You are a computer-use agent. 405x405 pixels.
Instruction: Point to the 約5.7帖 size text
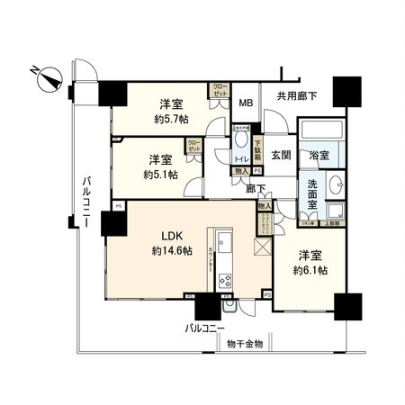point(171,117)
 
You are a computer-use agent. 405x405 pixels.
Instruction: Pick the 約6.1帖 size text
point(310,270)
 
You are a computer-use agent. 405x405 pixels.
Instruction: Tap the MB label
point(245,102)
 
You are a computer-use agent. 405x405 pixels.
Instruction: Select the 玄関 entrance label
point(279,154)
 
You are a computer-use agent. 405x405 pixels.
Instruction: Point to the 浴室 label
point(319,156)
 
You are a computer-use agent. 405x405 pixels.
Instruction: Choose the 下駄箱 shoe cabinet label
point(257,148)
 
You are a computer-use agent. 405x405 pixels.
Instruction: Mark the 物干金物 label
point(244,343)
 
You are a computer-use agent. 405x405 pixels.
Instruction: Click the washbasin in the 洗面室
point(337,184)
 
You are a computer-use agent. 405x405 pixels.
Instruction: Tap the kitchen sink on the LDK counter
point(226,244)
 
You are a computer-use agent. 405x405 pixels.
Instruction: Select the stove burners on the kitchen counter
point(226,281)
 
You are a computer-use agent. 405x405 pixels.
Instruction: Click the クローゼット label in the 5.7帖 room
point(220,91)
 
